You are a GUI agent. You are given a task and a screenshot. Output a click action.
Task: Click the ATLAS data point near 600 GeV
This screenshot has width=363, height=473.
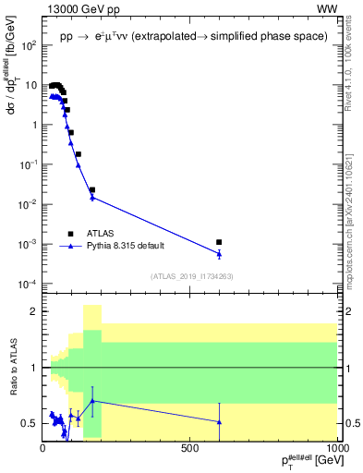click(219, 242)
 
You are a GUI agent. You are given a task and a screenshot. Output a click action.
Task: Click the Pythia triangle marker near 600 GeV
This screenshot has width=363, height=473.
click(219, 253)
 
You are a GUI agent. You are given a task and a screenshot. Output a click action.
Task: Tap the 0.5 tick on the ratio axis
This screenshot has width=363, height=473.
click(30, 423)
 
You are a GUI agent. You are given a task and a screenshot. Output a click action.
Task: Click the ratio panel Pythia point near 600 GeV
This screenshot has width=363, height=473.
click(219, 421)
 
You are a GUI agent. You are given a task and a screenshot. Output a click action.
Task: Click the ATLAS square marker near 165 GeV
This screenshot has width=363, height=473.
click(92, 189)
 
